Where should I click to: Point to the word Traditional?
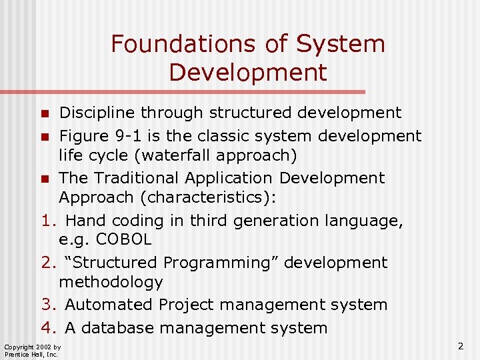click(x=137, y=178)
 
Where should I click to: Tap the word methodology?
click(x=110, y=282)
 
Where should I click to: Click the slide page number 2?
click(x=461, y=346)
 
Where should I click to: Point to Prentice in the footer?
click(x=16, y=355)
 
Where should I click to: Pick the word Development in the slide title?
click(x=248, y=72)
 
